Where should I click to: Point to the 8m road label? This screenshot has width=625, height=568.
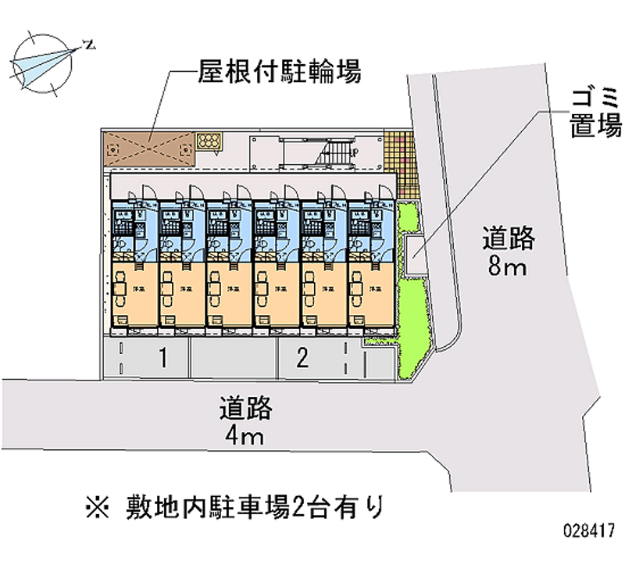pyautogui.click(x=509, y=252)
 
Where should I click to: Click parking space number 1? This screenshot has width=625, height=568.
pyautogui.click(x=162, y=359)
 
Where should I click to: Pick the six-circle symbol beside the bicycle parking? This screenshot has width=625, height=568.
pyautogui.click(x=209, y=141)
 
